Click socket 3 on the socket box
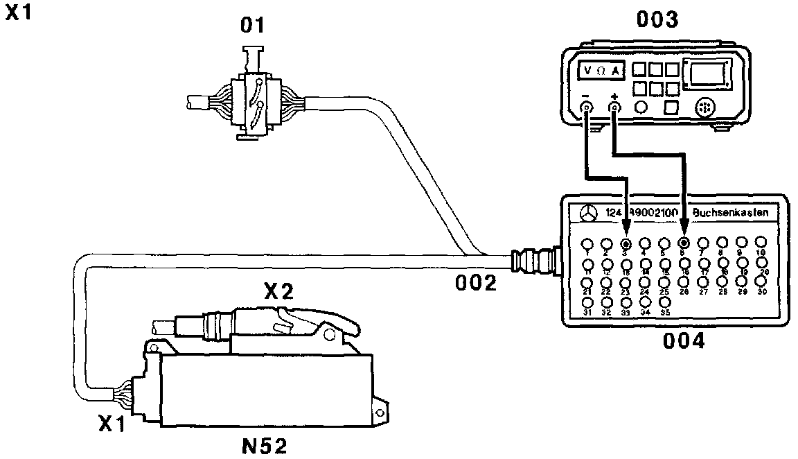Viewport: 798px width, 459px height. coord(626,243)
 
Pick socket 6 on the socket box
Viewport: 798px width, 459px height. coord(684,243)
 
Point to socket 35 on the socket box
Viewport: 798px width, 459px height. coord(664,302)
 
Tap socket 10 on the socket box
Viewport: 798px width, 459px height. coord(761,242)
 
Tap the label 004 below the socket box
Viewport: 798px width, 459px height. coord(684,341)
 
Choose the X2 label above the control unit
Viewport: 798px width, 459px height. coord(277,292)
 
